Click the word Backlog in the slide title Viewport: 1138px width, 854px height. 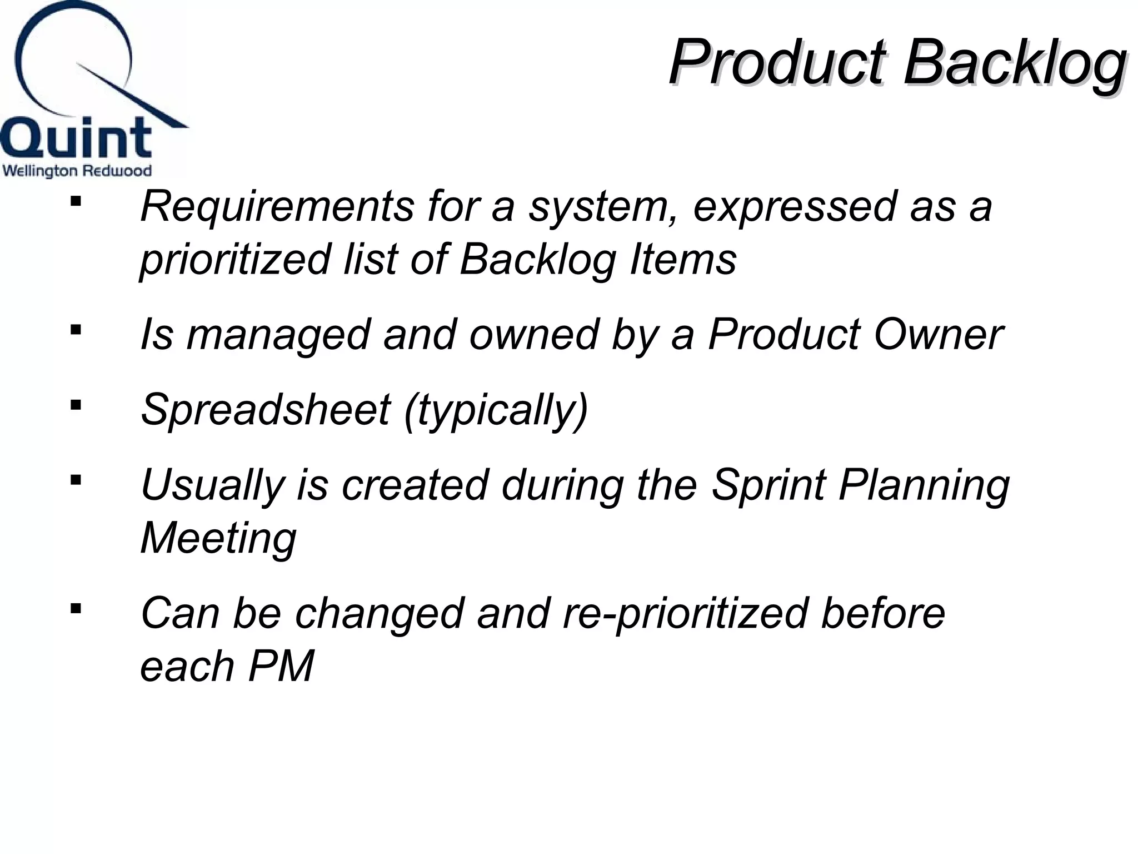click(1015, 62)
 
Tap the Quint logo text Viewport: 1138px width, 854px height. click(76, 138)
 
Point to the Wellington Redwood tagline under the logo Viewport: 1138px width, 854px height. click(77, 171)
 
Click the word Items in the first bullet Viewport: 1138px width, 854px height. click(683, 260)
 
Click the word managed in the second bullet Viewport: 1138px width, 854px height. click(278, 335)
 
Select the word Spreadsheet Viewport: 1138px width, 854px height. click(266, 410)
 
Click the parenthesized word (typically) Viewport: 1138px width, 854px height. click(496, 410)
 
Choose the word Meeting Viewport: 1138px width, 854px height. click(218, 538)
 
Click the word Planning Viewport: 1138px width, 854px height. click(924, 485)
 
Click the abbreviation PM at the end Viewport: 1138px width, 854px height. click(281, 666)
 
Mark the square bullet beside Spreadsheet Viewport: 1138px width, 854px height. click(76, 404)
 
